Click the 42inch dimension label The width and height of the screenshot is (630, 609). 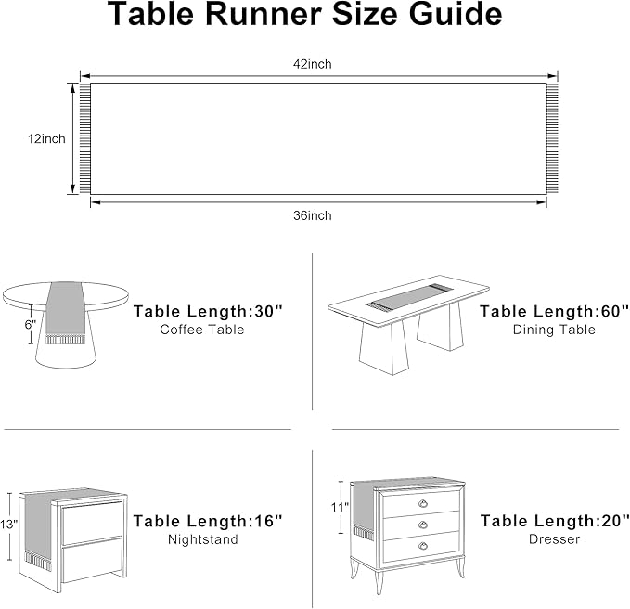tap(312, 64)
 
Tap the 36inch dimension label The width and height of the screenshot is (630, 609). tap(312, 216)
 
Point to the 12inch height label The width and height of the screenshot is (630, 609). tap(46, 139)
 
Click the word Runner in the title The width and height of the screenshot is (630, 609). tap(264, 15)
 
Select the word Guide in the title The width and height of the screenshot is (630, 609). tap(456, 15)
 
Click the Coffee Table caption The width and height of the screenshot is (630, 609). tap(202, 330)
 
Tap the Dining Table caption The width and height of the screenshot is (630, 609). tap(554, 330)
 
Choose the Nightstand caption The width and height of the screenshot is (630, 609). tap(203, 539)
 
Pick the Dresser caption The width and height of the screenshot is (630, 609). tap(554, 539)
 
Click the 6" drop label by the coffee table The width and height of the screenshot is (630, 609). tap(30, 324)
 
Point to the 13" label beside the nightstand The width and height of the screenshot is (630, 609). tap(9, 525)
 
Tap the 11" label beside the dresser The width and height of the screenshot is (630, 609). tap(340, 508)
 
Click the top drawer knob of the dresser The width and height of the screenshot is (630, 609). tap(423, 503)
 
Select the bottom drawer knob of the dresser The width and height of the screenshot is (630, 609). tap(423, 546)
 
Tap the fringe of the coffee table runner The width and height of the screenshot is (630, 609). tap(66, 340)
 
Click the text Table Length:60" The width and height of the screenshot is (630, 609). tap(554, 312)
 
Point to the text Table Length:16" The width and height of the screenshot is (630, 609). tap(208, 522)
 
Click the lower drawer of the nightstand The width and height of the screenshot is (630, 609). tap(93, 561)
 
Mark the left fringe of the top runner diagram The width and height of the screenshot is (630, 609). tap(84, 138)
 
